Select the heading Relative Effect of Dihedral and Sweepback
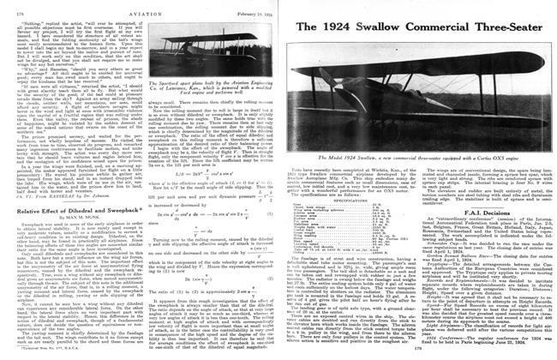68,184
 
